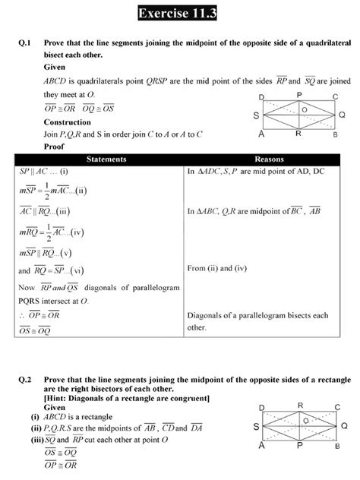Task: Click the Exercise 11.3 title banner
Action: click(x=180, y=13)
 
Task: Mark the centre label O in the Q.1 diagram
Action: click(x=304, y=109)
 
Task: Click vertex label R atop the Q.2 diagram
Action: click(x=301, y=406)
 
